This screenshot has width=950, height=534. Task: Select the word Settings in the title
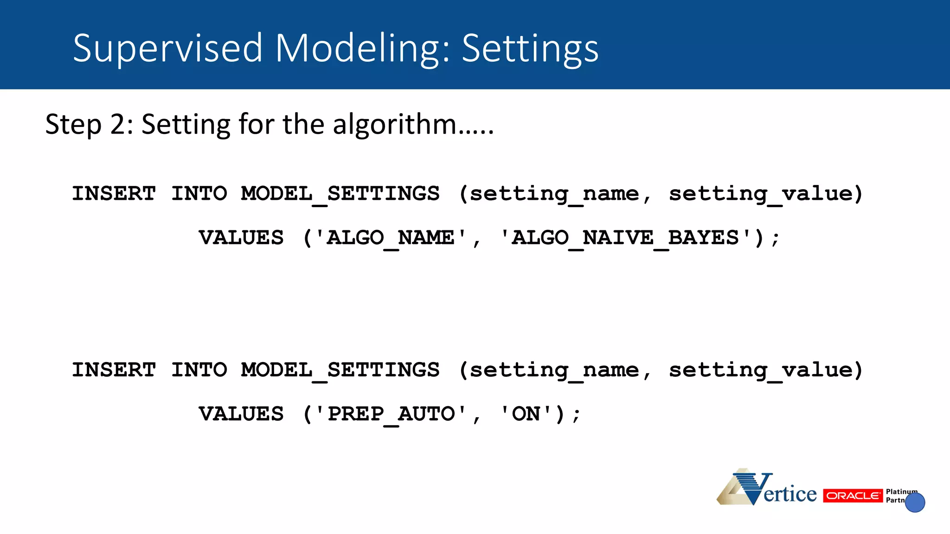(530, 48)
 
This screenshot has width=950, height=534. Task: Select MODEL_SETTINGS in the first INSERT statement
(340, 194)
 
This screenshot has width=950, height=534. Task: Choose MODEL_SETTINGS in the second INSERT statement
(340, 370)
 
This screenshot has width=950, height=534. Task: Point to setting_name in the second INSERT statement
(554, 370)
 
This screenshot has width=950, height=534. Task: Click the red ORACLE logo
(853, 496)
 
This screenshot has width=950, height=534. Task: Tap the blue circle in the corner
(915, 502)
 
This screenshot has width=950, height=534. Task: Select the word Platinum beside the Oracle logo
(901, 491)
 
